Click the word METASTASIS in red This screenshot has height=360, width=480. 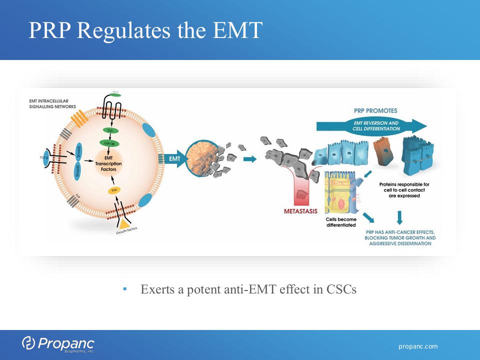point(300,211)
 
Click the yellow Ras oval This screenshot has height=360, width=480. point(113,190)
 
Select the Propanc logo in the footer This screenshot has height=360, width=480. point(57,344)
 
